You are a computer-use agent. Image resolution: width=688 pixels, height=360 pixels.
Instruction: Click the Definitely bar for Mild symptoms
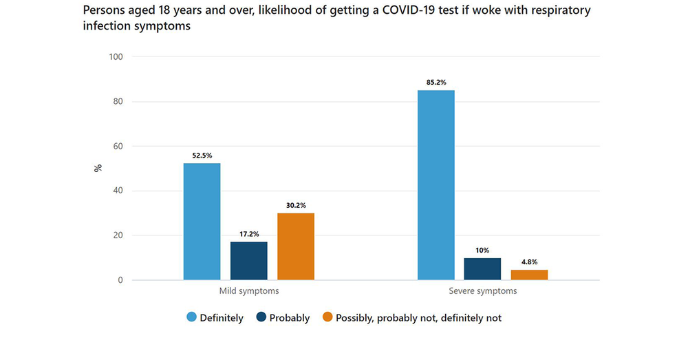[x=202, y=222]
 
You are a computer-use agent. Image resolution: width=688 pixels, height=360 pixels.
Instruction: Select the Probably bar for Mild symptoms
[x=249, y=261]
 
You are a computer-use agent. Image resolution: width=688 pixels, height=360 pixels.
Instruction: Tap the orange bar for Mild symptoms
[x=296, y=246]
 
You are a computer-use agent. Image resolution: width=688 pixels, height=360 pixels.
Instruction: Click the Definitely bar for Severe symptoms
[x=436, y=185]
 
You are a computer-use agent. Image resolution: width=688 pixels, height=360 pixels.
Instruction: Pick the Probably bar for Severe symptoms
[x=483, y=269]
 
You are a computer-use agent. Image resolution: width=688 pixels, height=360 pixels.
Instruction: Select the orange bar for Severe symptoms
[x=529, y=275]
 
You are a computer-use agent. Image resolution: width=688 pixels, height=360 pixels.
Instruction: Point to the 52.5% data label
[x=202, y=156]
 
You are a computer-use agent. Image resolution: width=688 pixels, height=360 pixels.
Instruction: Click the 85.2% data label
[x=436, y=83]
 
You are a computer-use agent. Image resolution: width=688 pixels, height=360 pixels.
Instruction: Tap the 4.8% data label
[x=529, y=262]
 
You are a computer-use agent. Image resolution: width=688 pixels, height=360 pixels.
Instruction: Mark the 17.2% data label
[x=249, y=234]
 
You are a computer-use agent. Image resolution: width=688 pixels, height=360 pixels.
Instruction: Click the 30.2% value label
[x=296, y=205]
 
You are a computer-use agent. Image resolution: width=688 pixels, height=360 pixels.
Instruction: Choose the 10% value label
[x=483, y=250]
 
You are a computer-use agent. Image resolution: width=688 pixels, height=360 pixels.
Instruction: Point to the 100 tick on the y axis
[x=116, y=57]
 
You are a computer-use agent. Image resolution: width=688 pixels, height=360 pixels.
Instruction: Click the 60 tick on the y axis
[x=118, y=147]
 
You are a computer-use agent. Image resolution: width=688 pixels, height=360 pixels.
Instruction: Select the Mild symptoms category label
[x=249, y=291]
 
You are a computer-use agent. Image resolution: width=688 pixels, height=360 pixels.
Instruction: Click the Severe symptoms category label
[x=483, y=291]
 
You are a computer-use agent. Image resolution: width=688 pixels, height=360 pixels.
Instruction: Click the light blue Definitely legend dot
[x=192, y=317]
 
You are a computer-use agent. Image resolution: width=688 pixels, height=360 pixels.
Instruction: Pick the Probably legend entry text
[x=290, y=318]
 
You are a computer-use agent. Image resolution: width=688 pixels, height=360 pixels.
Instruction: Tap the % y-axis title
[x=98, y=168]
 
